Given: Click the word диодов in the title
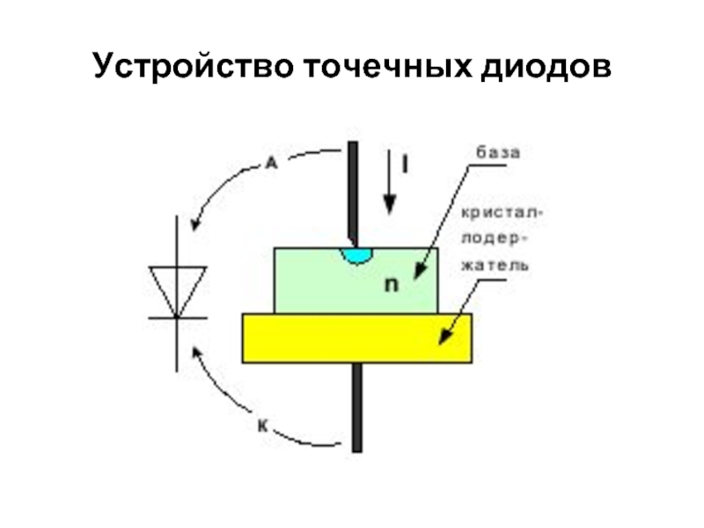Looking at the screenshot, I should point(545,67).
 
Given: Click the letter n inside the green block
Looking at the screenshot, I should point(392,284).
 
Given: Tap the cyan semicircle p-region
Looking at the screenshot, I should point(358,254).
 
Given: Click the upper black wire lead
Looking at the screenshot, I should point(352,189).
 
